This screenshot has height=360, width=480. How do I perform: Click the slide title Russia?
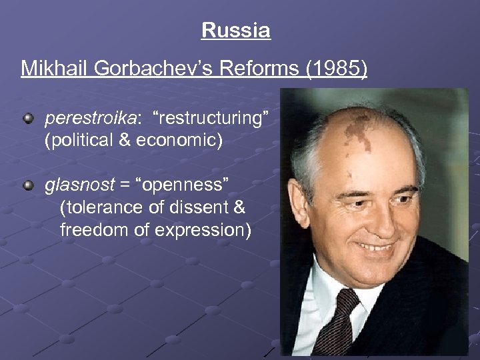235,31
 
